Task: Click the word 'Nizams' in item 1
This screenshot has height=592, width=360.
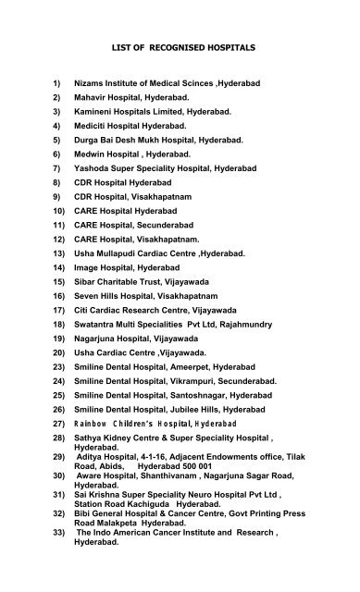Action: click(x=95, y=84)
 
